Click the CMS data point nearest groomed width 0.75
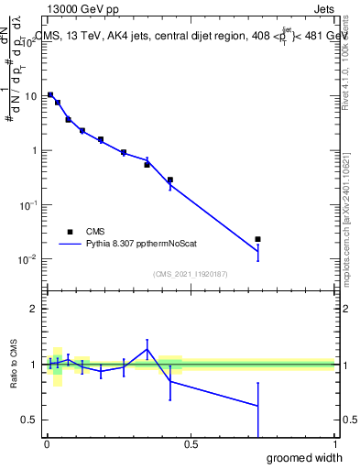coord(258,239)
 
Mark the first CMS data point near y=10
coord(50,95)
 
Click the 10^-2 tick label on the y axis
coord(27,259)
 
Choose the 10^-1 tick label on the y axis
coord(27,204)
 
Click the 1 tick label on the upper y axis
coord(34,150)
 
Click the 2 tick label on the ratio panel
coord(34,309)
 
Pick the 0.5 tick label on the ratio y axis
coord(28,420)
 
